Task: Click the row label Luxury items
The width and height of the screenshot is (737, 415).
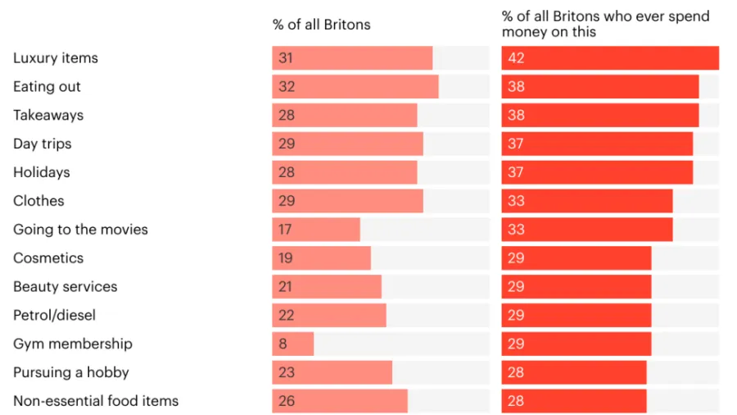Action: click(x=55, y=58)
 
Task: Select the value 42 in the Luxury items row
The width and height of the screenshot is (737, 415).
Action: click(x=515, y=58)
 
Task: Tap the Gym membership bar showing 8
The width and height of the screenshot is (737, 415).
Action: click(x=292, y=344)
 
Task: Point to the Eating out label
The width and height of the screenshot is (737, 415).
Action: click(x=47, y=87)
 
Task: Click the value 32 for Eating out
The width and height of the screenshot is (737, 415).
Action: click(x=286, y=87)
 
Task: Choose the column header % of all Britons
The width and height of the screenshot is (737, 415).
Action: click(x=321, y=25)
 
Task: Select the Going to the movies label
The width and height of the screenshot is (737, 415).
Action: click(x=80, y=230)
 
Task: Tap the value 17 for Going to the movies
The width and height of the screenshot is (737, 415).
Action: click(x=286, y=230)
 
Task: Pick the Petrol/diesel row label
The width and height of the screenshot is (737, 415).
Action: click(x=54, y=315)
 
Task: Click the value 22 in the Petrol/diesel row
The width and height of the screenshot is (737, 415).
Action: click(x=286, y=315)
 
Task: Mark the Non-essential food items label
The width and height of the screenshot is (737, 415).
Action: click(x=95, y=401)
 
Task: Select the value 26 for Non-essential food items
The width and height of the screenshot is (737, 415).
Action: click(x=286, y=401)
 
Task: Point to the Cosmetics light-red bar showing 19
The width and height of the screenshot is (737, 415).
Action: click(x=321, y=258)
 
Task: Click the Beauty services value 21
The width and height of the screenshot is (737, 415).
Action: click(x=286, y=287)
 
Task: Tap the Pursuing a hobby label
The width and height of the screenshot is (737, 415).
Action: click(x=70, y=372)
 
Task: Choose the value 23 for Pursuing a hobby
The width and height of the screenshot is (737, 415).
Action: click(x=286, y=372)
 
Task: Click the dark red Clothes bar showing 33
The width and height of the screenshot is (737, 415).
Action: click(x=586, y=201)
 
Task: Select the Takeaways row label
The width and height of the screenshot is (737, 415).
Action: click(x=47, y=116)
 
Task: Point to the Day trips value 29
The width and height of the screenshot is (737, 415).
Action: click(x=286, y=144)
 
